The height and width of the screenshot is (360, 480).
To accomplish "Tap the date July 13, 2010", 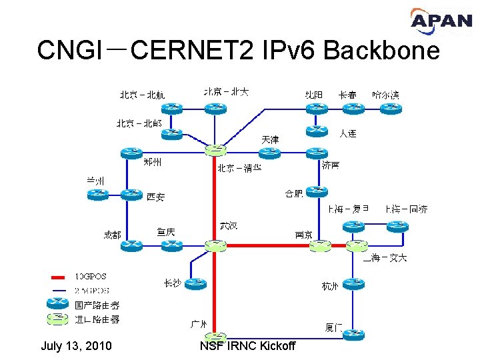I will [x=76, y=346].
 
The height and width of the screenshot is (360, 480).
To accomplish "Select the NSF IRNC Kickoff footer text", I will [x=247, y=346].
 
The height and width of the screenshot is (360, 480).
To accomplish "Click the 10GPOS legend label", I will [x=91, y=276].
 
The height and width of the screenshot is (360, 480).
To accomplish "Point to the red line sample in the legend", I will [x=59, y=277].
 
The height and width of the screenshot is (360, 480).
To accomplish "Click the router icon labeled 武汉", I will [x=216, y=245].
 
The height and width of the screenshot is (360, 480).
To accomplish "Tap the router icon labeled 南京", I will [x=321, y=245].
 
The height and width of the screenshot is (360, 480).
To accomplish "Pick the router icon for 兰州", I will [x=97, y=194].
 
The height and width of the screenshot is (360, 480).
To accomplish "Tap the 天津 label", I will [x=270, y=139].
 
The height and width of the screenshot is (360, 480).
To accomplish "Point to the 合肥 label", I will [x=293, y=194].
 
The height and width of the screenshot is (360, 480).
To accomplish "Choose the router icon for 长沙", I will [x=195, y=283].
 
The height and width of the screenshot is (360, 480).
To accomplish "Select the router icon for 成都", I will [x=132, y=245].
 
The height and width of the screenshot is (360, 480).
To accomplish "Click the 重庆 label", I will [x=166, y=231].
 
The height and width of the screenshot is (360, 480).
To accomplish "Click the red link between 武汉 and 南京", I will [x=267, y=245].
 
